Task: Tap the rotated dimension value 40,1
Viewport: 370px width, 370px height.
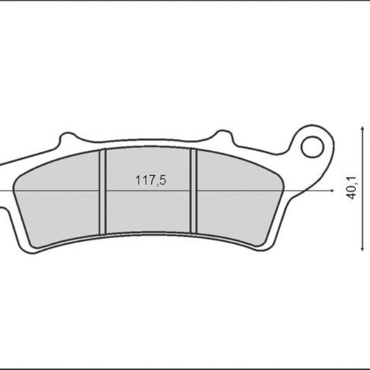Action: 351,187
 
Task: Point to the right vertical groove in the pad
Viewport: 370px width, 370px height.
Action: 193,192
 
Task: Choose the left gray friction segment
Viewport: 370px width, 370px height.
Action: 59,203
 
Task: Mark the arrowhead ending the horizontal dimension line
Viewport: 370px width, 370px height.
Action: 323,191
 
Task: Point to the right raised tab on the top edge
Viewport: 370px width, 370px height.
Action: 220,136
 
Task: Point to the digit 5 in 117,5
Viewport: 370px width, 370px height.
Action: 164,181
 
